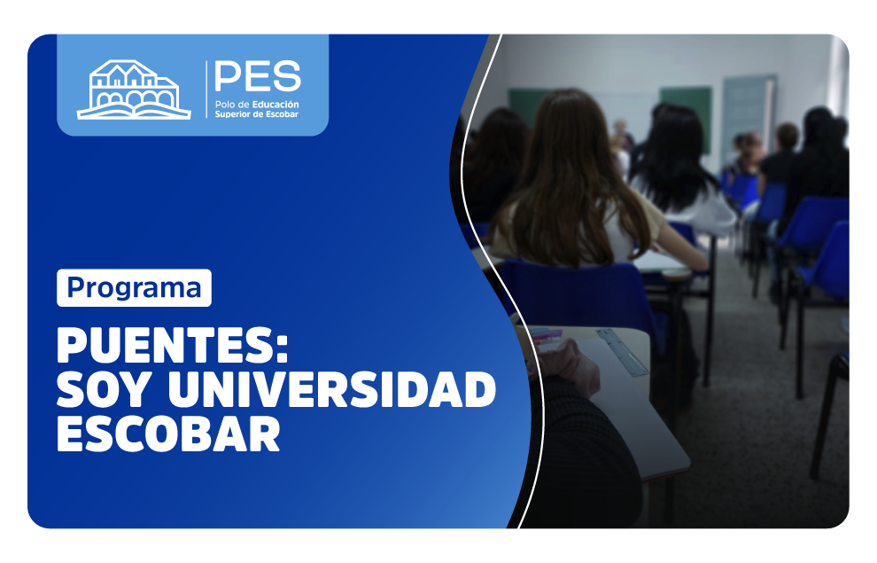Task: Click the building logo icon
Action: click(x=134, y=90)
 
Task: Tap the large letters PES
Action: click(x=258, y=76)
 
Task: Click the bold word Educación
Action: click(x=276, y=104)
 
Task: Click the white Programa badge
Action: click(x=135, y=287)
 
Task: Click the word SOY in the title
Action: click(x=104, y=389)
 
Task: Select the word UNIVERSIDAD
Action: click(x=331, y=389)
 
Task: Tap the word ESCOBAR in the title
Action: click(x=168, y=434)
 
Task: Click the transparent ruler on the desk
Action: click(x=623, y=352)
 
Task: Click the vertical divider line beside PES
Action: click(x=206, y=90)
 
